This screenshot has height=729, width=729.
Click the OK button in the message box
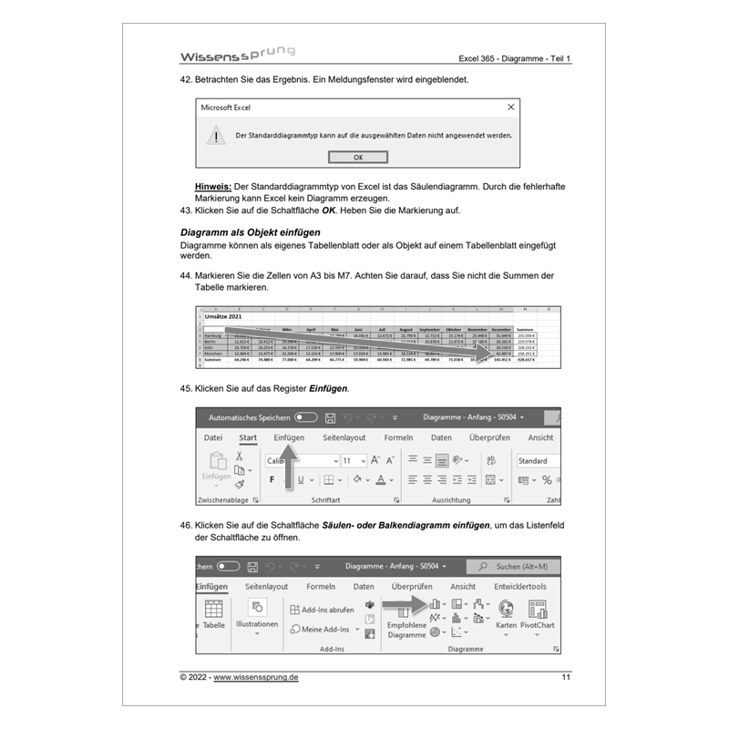[357, 157]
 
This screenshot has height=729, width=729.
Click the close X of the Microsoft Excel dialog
[510, 107]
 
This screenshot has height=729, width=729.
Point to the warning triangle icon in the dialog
[215, 135]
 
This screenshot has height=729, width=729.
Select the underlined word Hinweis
[213, 186]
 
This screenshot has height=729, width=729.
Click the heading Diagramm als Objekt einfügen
[250, 232]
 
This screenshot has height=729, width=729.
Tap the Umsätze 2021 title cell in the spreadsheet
[223, 316]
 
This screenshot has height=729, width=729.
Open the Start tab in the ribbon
[247, 438]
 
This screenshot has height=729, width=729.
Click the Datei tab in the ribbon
[213, 438]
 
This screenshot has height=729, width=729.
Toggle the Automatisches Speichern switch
[306, 417]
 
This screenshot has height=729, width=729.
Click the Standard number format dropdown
[538, 461]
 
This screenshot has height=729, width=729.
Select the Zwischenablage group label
[223, 500]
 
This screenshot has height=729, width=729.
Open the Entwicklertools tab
[520, 587]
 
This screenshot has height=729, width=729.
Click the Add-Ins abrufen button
[321, 610]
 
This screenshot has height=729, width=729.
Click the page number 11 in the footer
[566, 678]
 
